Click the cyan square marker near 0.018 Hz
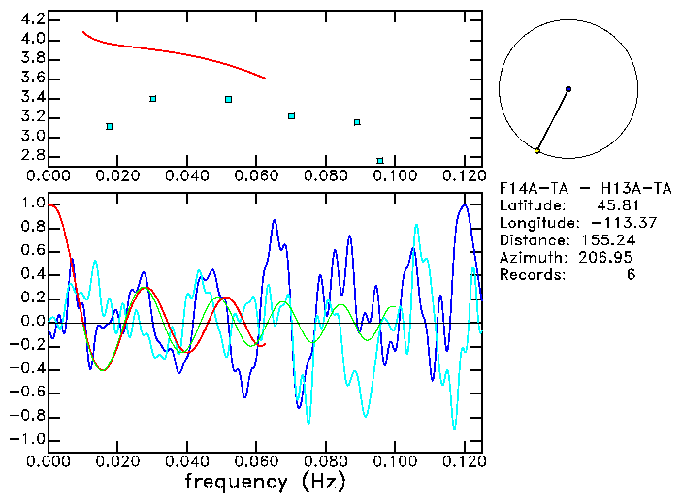coord(110,126)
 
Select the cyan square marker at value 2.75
coord(380,160)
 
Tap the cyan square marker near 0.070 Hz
coord(291,116)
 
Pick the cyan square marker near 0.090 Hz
coord(357,122)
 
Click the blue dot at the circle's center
coord(568,89)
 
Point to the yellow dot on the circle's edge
coord(537,151)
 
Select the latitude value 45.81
coord(612,206)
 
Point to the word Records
coord(531,275)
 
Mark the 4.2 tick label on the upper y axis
coord(31,19)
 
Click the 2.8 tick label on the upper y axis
coord(31,156)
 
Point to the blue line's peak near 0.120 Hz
coord(466,204)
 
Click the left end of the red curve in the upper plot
coord(82,31)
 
